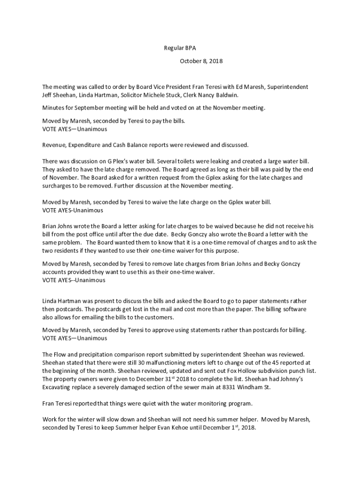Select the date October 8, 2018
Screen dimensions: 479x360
pyautogui.click(x=202, y=61)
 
